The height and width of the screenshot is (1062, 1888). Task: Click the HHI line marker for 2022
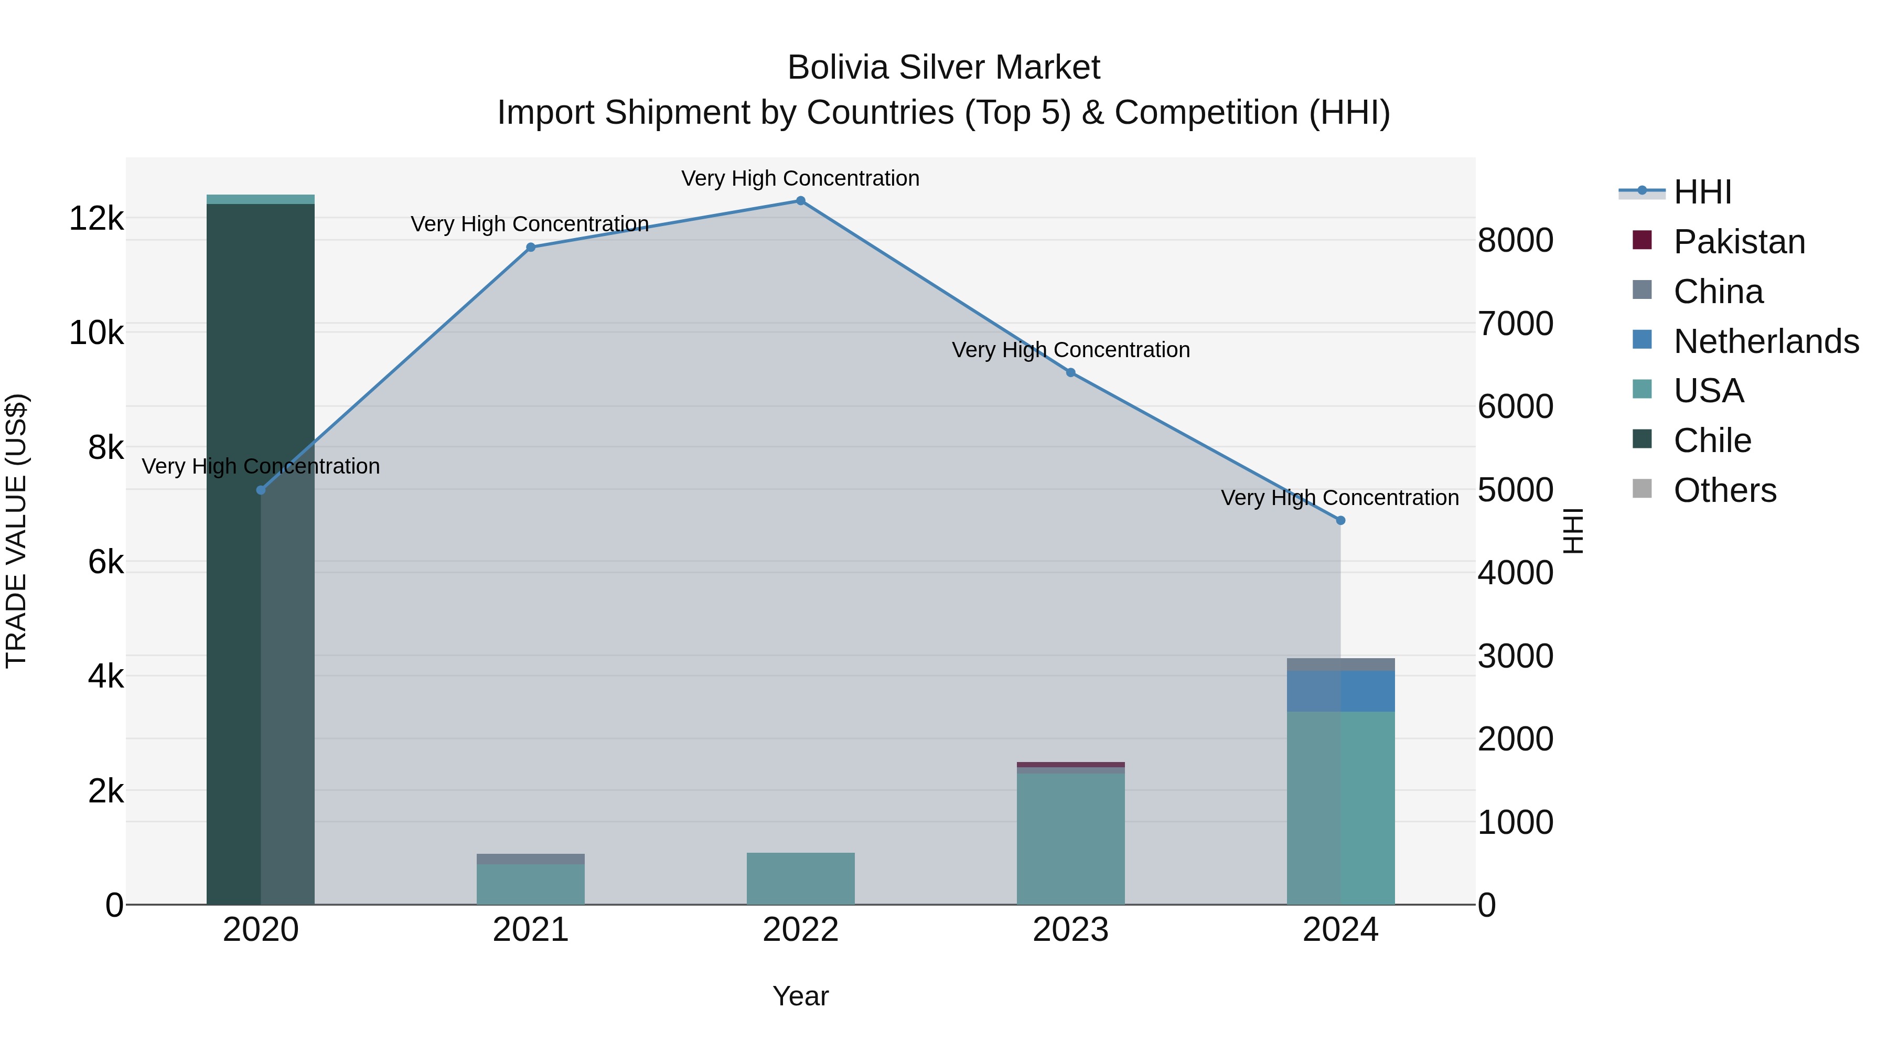[x=800, y=201]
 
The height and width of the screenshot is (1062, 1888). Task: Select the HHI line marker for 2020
[x=261, y=490]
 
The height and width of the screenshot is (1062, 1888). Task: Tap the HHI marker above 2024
[x=1340, y=520]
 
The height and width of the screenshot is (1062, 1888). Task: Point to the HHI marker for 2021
[x=531, y=248]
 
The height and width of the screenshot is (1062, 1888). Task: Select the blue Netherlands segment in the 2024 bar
[x=1340, y=690]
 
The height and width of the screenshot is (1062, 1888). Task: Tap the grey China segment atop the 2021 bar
[x=531, y=858]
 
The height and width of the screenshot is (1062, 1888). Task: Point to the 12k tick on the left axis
[x=96, y=218]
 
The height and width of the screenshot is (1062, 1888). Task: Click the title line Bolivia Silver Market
[x=943, y=68]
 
